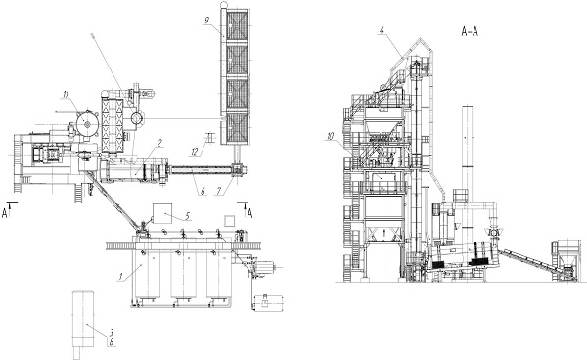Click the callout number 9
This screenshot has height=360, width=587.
[207, 21]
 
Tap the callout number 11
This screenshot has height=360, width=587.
[66, 94]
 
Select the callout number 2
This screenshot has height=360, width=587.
[159, 143]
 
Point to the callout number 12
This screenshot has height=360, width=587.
[195, 152]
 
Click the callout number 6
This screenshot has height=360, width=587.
[203, 191]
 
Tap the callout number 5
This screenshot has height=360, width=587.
[187, 216]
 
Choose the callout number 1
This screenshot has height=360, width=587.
[120, 277]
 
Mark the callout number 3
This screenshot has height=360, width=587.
[112, 332]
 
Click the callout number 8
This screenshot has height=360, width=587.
[112, 341]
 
